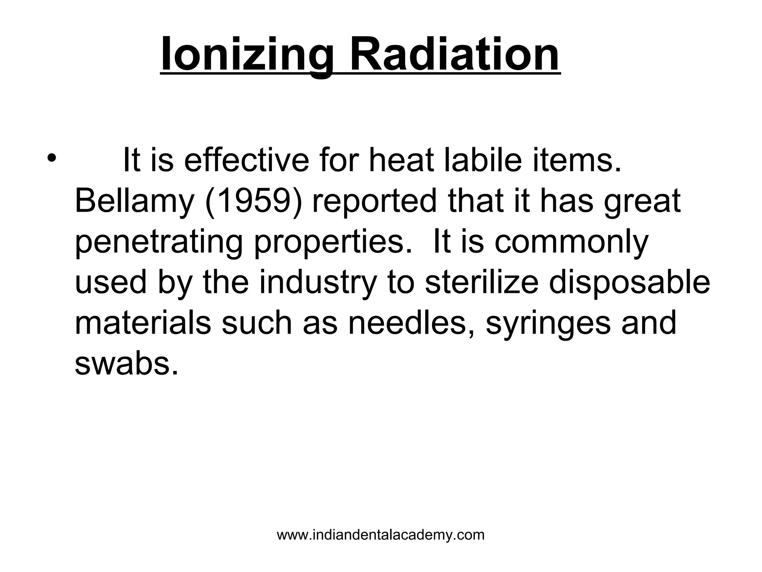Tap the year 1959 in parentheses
click(x=254, y=201)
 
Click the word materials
click(x=143, y=323)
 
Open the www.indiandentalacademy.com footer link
click(x=381, y=535)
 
